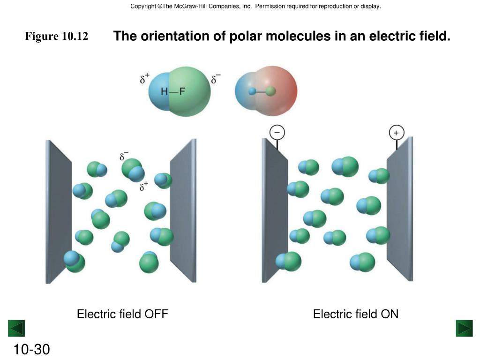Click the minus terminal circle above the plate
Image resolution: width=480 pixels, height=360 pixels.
pyautogui.click(x=277, y=133)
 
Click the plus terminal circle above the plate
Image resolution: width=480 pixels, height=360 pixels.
pyautogui.click(x=396, y=133)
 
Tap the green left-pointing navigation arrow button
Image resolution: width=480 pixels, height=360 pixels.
pyautogui.click(x=16, y=328)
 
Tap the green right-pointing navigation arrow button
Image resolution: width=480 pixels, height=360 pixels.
pyautogui.click(x=464, y=328)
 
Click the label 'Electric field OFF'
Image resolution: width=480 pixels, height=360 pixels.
pyautogui.click(x=122, y=314)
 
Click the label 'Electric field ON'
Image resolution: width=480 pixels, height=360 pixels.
pyautogui.click(x=356, y=314)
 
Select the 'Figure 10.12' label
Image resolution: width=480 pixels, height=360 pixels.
pyautogui.click(x=57, y=36)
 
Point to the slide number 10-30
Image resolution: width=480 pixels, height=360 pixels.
pyautogui.click(x=31, y=350)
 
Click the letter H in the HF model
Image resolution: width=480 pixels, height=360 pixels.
pyautogui.click(x=165, y=91)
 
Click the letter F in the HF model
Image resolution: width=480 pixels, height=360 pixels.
pyautogui.click(x=183, y=91)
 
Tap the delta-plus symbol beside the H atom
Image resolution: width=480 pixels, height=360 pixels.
pyautogui.click(x=144, y=78)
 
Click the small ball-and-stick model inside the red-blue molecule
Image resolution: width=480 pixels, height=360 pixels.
pyautogui.click(x=262, y=91)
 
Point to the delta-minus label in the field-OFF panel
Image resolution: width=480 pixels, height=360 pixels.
pyautogui.click(x=124, y=156)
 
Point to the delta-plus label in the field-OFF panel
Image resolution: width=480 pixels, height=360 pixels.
pyautogui.click(x=144, y=187)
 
